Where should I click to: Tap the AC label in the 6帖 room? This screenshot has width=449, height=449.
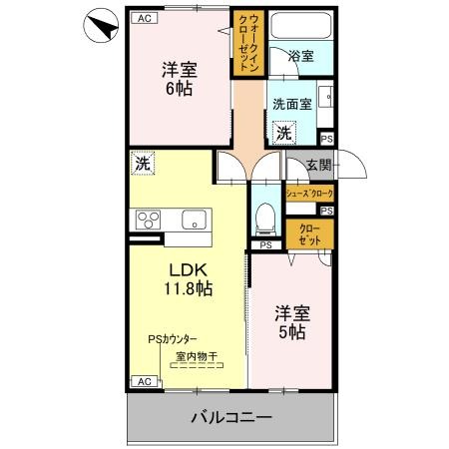tap(143, 18)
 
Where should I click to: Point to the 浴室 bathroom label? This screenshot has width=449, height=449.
tap(300, 57)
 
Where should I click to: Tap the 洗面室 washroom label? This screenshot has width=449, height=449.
tap(292, 103)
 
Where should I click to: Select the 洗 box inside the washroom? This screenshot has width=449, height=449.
tap(284, 133)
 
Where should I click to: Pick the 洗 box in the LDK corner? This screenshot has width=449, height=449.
tap(143, 163)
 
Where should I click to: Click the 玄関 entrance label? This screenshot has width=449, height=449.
tap(318, 165)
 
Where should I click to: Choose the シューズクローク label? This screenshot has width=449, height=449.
tap(309, 193)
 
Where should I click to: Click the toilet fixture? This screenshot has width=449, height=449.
tap(265, 215)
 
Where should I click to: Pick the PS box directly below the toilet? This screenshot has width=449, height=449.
tap(265, 245)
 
